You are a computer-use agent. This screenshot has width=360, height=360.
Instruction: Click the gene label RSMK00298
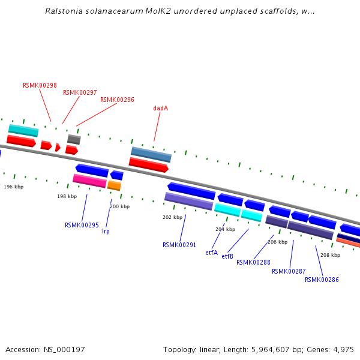tap(40, 85)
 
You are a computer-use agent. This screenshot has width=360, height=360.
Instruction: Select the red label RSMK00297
tap(80, 92)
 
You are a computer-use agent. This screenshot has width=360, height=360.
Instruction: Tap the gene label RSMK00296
tap(117, 100)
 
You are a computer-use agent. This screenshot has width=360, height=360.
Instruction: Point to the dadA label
tap(160, 109)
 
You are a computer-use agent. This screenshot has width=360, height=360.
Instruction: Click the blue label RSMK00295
tap(82, 225)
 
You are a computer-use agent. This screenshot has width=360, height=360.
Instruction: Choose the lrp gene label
tap(106, 231)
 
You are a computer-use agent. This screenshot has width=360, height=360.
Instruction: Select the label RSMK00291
tap(179, 245)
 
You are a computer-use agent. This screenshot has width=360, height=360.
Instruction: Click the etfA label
tap(211, 253)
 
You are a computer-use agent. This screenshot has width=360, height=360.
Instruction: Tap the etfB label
tap(227, 256)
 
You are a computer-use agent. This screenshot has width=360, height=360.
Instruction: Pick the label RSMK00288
tap(253, 262)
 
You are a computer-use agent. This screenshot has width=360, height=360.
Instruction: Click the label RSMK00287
tap(289, 271)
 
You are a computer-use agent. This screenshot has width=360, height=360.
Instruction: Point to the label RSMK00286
tap(322, 280)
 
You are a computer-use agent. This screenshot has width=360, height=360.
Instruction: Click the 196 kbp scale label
tap(13, 187)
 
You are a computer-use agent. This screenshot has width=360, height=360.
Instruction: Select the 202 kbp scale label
tap(172, 217)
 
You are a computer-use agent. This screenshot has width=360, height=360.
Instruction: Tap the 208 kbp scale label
tap(330, 255)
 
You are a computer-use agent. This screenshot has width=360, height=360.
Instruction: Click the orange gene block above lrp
tap(114, 186)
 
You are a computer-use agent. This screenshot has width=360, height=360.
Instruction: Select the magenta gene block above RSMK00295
tap(89, 181)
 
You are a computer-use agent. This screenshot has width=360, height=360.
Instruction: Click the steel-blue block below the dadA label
tap(151, 154)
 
